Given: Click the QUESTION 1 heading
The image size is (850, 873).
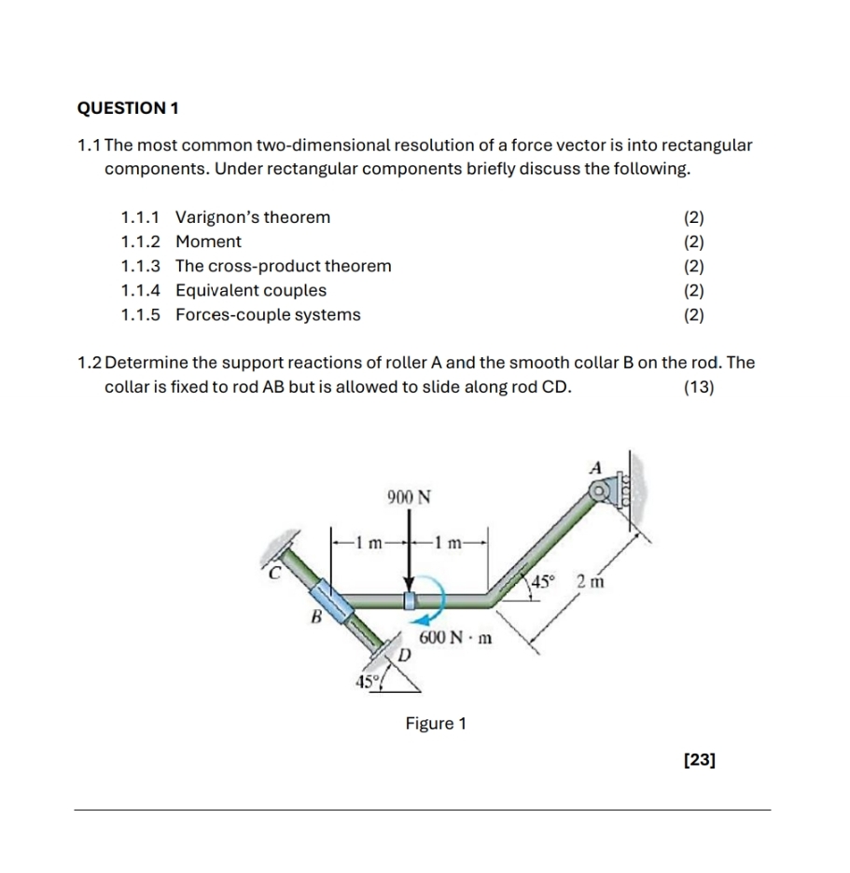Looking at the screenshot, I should pos(127,108).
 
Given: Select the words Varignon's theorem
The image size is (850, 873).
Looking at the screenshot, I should pos(253,217).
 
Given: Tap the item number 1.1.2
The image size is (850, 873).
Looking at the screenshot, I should pos(140,242).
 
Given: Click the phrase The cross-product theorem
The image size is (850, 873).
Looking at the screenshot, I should pos(284,266).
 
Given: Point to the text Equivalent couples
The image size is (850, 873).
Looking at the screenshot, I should pos(251,290).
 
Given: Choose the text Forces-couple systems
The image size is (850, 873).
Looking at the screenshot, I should pos(268,314).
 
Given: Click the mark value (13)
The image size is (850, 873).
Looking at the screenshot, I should pos(699,387).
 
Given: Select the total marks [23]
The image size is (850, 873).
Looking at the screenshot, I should pos(700,760).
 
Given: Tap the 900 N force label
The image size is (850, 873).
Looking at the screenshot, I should pos(408,496).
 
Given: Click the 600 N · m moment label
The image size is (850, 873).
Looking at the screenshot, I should pos(456,639).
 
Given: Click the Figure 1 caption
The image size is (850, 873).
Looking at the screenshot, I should pos(436,723).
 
